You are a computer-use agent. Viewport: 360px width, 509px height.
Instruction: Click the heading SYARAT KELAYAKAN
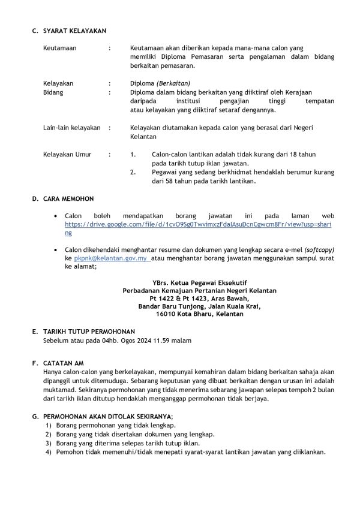click(x=75, y=31)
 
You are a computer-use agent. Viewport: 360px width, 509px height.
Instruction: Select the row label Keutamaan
click(x=59, y=47)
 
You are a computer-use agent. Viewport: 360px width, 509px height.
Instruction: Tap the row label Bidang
click(x=53, y=93)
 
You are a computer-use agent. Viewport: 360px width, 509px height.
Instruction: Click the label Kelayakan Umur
click(x=67, y=154)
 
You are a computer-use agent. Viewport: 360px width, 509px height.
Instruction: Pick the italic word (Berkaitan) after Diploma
click(x=173, y=84)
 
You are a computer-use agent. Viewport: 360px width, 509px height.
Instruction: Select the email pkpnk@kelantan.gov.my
click(x=110, y=258)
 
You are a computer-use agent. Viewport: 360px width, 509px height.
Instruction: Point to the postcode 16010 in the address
click(x=166, y=314)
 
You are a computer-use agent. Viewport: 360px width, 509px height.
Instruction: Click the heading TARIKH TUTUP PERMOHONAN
click(x=89, y=332)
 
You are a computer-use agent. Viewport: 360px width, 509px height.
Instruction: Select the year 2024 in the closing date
click(x=152, y=341)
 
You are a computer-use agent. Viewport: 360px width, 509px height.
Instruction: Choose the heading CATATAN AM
click(x=63, y=363)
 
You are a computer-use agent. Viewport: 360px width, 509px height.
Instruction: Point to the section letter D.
click(x=35, y=198)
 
